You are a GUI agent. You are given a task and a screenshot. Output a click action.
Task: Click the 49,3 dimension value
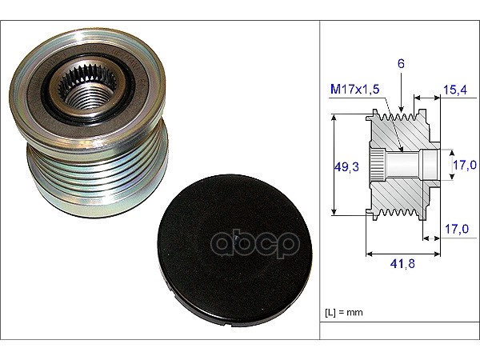click(x=346, y=167)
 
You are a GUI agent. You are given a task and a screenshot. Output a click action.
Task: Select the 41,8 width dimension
click(x=402, y=263)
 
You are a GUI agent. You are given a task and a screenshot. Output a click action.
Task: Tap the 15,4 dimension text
click(x=455, y=90)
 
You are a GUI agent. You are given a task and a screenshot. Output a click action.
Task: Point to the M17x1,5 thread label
click(x=354, y=89)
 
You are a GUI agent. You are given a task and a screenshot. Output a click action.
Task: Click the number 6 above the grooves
click(x=401, y=63)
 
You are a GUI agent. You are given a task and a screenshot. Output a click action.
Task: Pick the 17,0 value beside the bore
click(x=465, y=165)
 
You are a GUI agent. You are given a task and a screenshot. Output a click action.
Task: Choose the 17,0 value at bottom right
click(x=457, y=229)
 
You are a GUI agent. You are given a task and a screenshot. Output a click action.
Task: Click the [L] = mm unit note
click(x=343, y=312)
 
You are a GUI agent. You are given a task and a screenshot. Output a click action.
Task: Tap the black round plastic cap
click(x=234, y=250)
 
